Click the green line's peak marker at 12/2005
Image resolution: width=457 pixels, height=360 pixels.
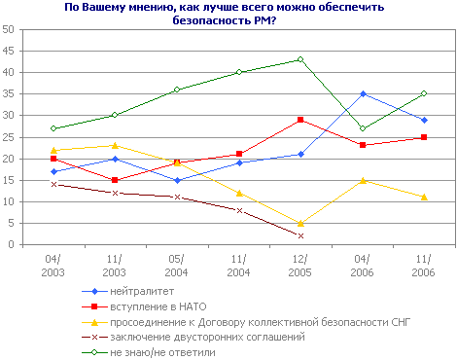pos(300,59)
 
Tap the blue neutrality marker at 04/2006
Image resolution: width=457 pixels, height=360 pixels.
pos(363,94)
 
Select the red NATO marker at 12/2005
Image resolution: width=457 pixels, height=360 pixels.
pos(300,120)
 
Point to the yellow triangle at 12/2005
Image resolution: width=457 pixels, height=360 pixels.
pos(300,223)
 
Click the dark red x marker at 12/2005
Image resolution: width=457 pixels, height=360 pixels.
pos(300,235)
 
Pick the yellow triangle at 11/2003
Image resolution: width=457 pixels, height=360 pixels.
pos(116,145)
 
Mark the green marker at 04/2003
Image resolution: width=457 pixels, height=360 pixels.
pos(53,128)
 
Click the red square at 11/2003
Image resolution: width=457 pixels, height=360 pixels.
pos(116,180)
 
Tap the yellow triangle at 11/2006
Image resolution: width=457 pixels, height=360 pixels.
pos(424,197)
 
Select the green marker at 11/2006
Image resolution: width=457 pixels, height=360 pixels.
pos(424,93)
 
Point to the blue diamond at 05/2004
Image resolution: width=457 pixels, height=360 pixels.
pos(177,180)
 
